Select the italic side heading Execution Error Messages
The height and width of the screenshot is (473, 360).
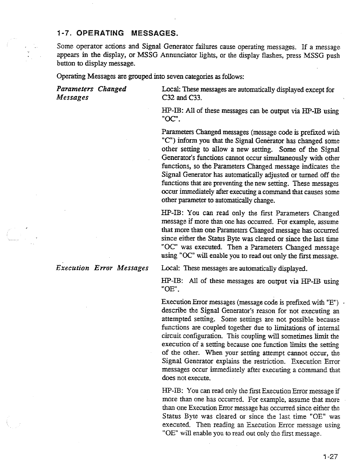(x=102, y=268)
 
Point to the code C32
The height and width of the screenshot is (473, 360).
(x=168, y=98)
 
